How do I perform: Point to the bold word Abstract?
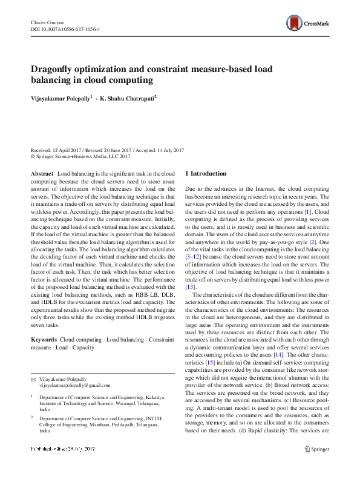(42, 174)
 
